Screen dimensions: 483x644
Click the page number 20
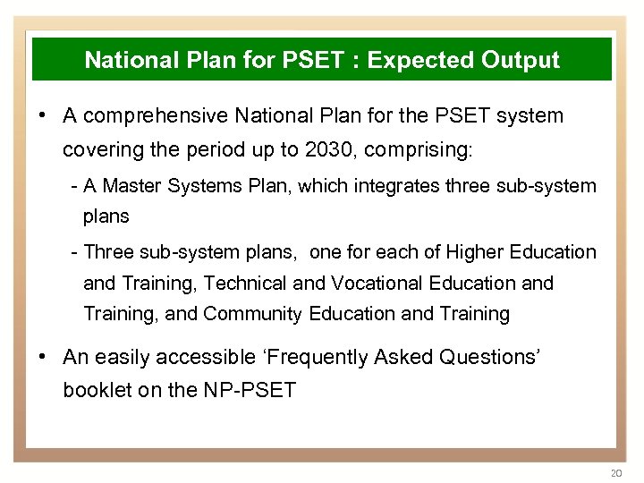pos(614,471)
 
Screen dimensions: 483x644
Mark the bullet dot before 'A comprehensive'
pos(43,116)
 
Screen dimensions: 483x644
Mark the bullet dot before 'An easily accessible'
pos(43,358)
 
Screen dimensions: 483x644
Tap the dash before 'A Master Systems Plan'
pos(73,186)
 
